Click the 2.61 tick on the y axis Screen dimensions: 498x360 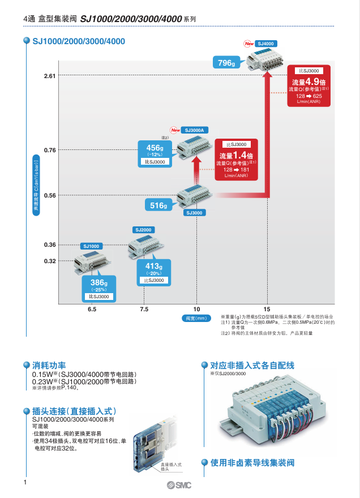50,76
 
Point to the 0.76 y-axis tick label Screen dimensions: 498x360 50,150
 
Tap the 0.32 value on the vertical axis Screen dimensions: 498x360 50,261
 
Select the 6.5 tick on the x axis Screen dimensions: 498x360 92,310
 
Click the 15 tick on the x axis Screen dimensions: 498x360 267,310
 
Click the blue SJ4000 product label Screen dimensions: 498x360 265,43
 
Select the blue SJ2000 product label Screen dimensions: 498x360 144,230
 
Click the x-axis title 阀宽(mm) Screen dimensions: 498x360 196,318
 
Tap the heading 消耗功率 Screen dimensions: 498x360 49,366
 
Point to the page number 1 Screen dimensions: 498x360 25,482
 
